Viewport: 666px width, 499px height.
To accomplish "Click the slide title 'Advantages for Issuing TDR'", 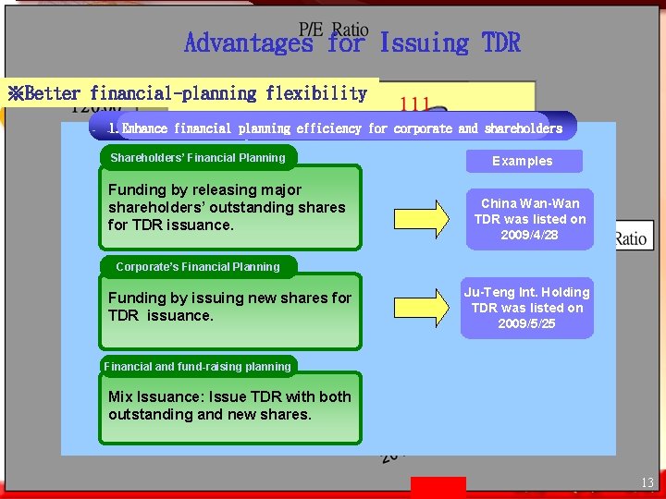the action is click(352, 43).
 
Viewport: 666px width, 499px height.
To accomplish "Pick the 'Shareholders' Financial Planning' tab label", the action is click(198, 158).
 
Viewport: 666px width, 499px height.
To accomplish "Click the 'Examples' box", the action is click(523, 161).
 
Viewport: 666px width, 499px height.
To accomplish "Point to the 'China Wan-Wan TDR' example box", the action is click(530, 219).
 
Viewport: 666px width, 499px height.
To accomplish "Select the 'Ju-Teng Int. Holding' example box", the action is click(527, 308).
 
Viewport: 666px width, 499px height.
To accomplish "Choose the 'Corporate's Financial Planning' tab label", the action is click(198, 267).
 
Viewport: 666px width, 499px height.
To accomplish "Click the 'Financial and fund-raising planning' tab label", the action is click(198, 367).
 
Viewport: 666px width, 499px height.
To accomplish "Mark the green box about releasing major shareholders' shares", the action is click(229, 208).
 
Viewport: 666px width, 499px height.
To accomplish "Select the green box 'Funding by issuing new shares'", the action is click(229, 311).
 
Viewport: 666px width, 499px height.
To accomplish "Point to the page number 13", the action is click(647, 483).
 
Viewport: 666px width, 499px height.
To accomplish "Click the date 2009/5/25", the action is click(527, 323).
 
